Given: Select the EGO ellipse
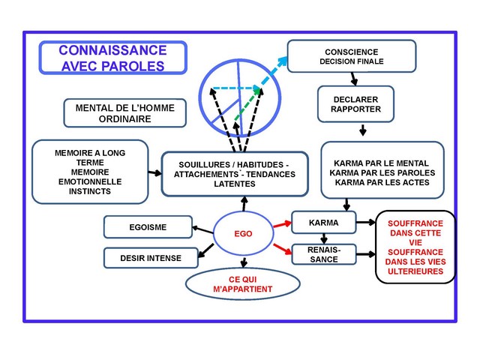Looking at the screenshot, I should pyautogui.click(x=243, y=233).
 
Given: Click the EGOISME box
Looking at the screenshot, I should pyautogui.click(x=148, y=226).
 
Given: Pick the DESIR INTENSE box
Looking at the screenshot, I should pyautogui.click(x=150, y=258).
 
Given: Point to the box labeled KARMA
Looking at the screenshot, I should pyautogui.click(x=323, y=223).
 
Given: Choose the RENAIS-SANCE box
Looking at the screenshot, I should pyautogui.click(x=323, y=254).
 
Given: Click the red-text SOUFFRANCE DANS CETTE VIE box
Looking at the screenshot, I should pyautogui.click(x=415, y=247).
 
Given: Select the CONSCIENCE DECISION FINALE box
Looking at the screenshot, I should pyautogui.click(x=351, y=56).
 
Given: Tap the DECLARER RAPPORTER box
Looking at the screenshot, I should pyautogui.click(x=355, y=104).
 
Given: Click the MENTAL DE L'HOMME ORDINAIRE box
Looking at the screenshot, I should pyautogui.click(x=124, y=113).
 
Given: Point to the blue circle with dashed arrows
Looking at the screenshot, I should pyautogui.click(x=238, y=94).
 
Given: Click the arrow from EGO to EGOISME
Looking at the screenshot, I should pyautogui.click(x=203, y=228).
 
